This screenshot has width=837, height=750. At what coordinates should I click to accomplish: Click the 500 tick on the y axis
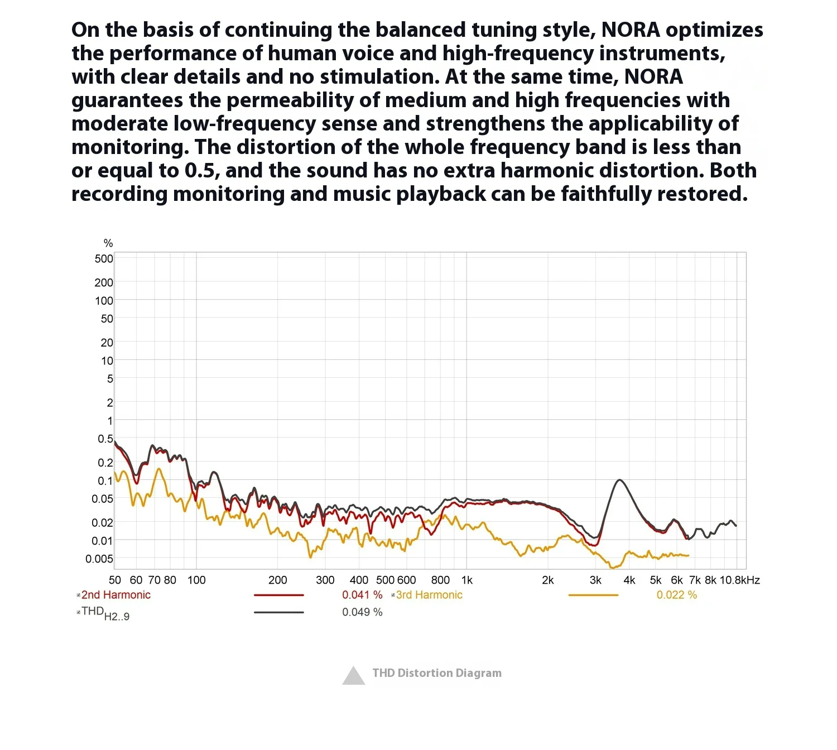(104, 258)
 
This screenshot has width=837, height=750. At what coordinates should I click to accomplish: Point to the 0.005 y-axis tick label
(99, 559)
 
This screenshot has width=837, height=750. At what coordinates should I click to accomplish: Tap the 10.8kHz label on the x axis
(739, 580)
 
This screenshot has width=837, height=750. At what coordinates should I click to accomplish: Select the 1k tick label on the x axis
(467, 580)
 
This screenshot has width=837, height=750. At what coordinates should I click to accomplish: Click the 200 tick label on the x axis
(278, 580)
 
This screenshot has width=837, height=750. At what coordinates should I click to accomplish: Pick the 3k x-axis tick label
(595, 580)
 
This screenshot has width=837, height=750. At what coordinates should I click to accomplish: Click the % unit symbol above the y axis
(108, 243)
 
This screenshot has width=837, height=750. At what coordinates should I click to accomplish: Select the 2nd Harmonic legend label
(116, 595)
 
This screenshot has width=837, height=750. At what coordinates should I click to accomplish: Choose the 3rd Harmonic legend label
(429, 595)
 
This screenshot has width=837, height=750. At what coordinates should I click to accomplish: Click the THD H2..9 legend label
(105, 613)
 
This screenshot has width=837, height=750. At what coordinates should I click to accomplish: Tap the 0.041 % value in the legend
(362, 595)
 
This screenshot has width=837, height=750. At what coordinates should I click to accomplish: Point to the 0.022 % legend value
(676, 595)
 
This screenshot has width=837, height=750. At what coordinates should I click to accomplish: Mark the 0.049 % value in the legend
(362, 612)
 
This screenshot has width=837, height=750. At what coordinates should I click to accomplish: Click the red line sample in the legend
(279, 595)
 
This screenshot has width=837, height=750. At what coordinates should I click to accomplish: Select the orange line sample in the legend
(593, 595)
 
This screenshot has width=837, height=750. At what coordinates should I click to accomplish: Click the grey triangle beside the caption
(353, 676)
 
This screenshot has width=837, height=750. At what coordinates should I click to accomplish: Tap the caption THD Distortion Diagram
(437, 673)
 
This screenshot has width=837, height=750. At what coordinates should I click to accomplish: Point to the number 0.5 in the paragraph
(200, 170)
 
